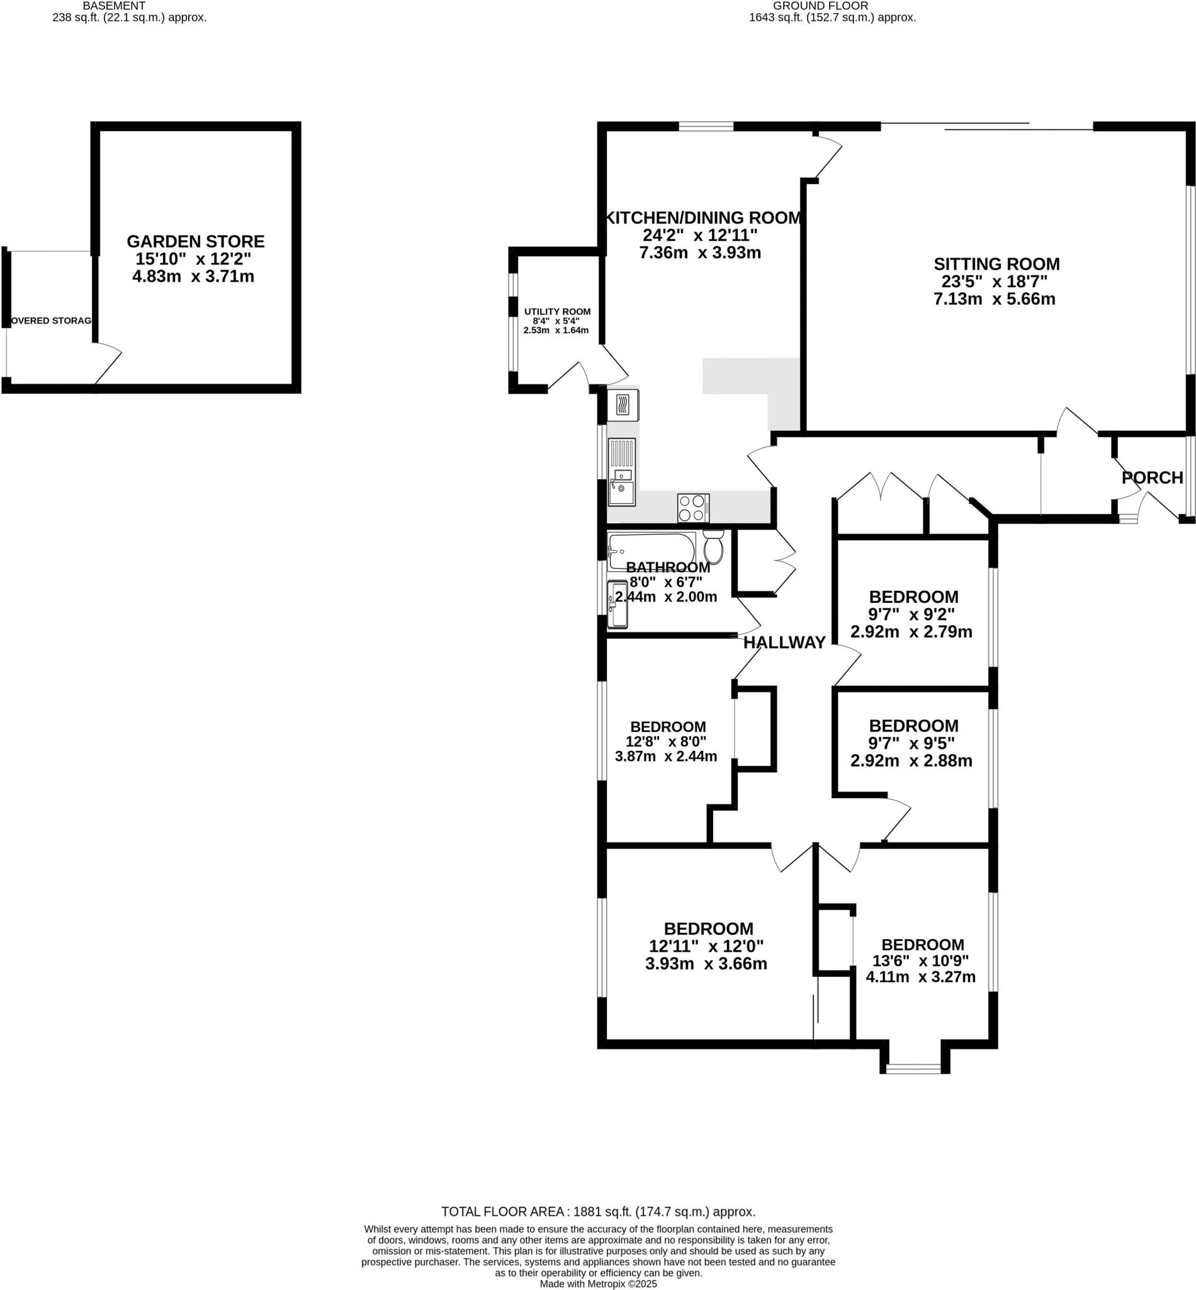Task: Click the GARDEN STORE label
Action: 195,241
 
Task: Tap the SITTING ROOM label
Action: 996,264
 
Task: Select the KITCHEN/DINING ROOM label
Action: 702,217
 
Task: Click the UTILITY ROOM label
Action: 557,312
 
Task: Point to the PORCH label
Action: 1152,478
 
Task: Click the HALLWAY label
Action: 784,642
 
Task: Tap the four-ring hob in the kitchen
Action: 693,508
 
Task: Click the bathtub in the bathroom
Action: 650,551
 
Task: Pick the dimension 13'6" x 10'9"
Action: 922,961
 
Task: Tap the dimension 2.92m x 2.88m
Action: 911,761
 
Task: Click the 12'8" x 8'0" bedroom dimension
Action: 666,741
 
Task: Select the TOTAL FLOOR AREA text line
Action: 598,1212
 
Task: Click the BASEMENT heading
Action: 114,6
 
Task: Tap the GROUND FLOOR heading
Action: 820,6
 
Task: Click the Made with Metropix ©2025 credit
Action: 598,1284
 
